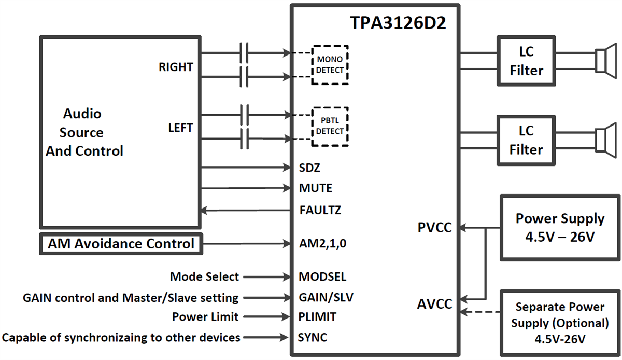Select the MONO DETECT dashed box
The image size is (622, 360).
point(330,65)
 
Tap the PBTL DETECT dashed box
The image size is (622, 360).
point(330,127)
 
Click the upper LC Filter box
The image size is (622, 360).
point(526,61)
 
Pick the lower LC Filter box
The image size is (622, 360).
point(526,140)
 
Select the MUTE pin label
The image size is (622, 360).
point(316,188)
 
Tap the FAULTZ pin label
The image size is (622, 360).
point(320,211)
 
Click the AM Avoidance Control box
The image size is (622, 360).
point(121,244)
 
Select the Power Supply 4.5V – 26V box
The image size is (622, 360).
point(560,227)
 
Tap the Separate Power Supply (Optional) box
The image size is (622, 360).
point(560,323)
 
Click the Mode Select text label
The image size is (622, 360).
point(204,277)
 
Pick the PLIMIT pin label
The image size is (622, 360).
point(318,316)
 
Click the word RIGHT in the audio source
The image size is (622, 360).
point(176,67)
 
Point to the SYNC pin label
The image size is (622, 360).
point(313,338)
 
